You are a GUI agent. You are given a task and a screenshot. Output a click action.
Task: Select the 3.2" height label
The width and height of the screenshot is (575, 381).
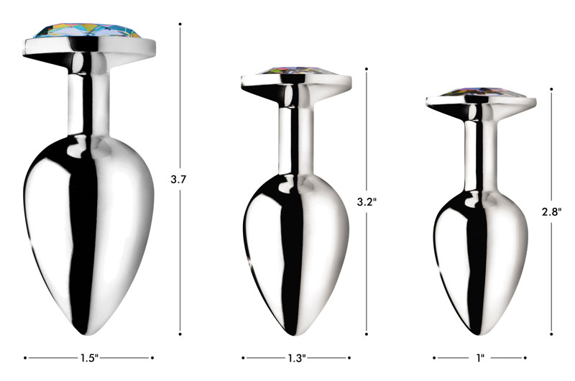(x=367, y=202)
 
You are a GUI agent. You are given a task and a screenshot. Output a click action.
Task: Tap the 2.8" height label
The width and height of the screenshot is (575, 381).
(x=551, y=211)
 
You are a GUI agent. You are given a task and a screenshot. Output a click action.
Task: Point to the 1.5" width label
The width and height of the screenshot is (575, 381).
(x=89, y=357)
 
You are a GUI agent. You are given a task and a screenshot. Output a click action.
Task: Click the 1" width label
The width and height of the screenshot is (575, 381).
(x=480, y=357)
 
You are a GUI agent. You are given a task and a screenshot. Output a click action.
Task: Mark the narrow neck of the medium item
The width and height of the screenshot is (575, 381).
(x=295, y=129)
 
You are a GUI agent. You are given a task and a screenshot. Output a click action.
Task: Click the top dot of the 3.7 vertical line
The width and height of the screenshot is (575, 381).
(x=179, y=24)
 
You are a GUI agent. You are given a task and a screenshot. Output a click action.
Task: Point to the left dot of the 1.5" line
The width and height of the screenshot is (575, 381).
(x=27, y=357)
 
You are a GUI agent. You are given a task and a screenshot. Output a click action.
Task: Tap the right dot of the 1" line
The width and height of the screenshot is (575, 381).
(x=525, y=357)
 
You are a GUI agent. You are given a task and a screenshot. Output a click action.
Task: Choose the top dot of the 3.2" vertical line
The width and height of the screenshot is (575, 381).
(x=367, y=70)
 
